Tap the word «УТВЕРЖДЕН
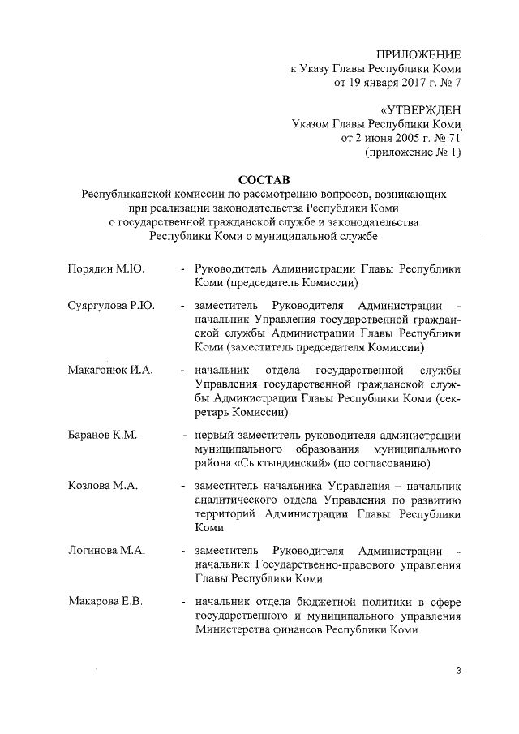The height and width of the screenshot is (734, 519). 420,109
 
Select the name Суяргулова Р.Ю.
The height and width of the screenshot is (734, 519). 112,305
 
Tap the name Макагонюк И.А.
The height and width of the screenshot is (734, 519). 110,370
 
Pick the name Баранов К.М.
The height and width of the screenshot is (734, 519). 101,435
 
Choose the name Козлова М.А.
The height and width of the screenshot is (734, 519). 102,485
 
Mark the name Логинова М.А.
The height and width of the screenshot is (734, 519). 106,550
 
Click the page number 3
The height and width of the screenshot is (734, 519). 459,671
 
